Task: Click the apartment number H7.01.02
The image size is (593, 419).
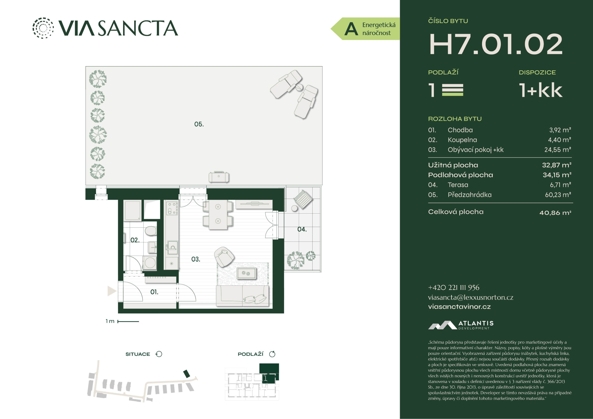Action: pyautogui.click(x=496, y=44)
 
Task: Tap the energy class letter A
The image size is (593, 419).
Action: pyautogui.click(x=351, y=29)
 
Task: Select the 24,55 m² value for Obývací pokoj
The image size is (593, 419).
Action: pyautogui.click(x=558, y=150)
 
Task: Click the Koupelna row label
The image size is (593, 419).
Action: pyautogui.click(x=462, y=140)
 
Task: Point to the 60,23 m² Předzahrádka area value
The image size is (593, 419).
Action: pyautogui.click(x=558, y=195)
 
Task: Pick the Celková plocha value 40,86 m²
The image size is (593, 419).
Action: pyautogui.click(x=555, y=213)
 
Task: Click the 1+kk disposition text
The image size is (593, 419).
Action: pyautogui.click(x=541, y=90)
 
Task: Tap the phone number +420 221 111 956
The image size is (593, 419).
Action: pyautogui.click(x=454, y=288)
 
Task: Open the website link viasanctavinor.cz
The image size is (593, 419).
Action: pyautogui.click(x=459, y=307)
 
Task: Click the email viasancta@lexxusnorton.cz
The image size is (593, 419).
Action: pyautogui.click(x=471, y=298)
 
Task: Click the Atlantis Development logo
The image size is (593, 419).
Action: pyautogui.click(x=461, y=325)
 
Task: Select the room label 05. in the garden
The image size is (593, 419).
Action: pyautogui.click(x=199, y=124)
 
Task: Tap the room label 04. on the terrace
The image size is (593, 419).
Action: pyautogui.click(x=302, y=229)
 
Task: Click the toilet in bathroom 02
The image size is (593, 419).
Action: pyautogui.click(x=150, y=231)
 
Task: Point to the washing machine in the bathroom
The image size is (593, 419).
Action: pyautogui.click(x=150, y=263)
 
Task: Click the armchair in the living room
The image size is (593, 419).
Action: pyautogui.click(x=224, y=257)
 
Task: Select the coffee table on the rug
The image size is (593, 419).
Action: pyautogui.click(x=246, y=273)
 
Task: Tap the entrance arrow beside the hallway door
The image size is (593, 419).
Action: pyautogui.click(x=112, y=291)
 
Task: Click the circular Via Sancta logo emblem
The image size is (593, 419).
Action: pyautogui.click(x=43, y=28)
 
